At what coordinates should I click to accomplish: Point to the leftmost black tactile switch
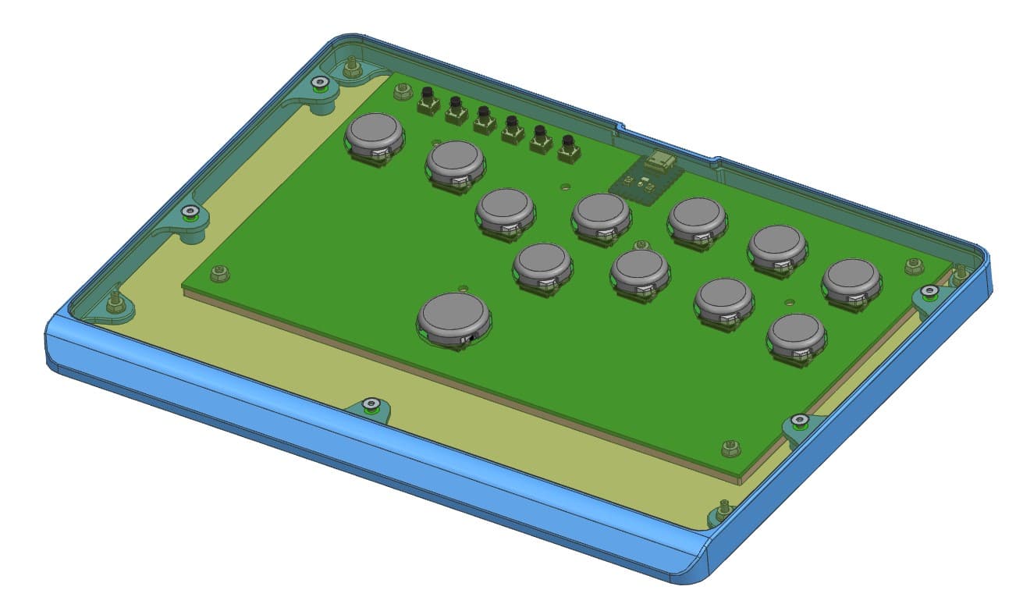tap(428, 100)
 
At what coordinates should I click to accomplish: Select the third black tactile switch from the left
tap(484, 119)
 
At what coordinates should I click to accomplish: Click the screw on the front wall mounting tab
tap(371, 403)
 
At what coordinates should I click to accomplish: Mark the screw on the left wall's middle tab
tap(189, 211)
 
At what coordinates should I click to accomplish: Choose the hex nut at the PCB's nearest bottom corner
tap(730, 447)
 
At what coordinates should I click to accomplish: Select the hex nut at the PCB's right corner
tap(914, 265)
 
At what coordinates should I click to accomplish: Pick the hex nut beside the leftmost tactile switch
tap(403, 91)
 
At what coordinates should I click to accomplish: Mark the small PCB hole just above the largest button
tap(464, 287)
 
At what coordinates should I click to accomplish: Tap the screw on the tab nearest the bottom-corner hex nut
tap(798, 421)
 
